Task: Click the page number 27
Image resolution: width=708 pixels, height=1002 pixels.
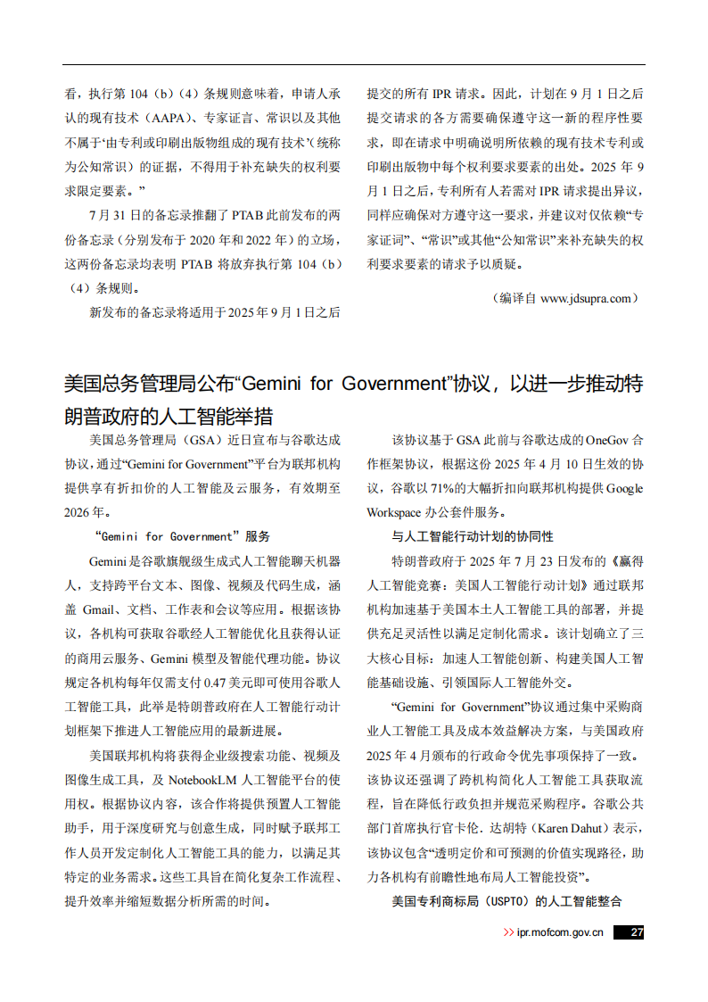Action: click(x=636, y=932)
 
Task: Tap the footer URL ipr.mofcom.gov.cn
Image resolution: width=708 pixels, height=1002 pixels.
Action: click(x=560, y=932)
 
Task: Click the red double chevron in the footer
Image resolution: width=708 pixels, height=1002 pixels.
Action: click(x=509, y=932)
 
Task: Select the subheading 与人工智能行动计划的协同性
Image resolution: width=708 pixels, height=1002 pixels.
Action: click(x=472, y=536)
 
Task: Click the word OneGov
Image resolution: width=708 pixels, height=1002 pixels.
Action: click(x=609, y=440)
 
